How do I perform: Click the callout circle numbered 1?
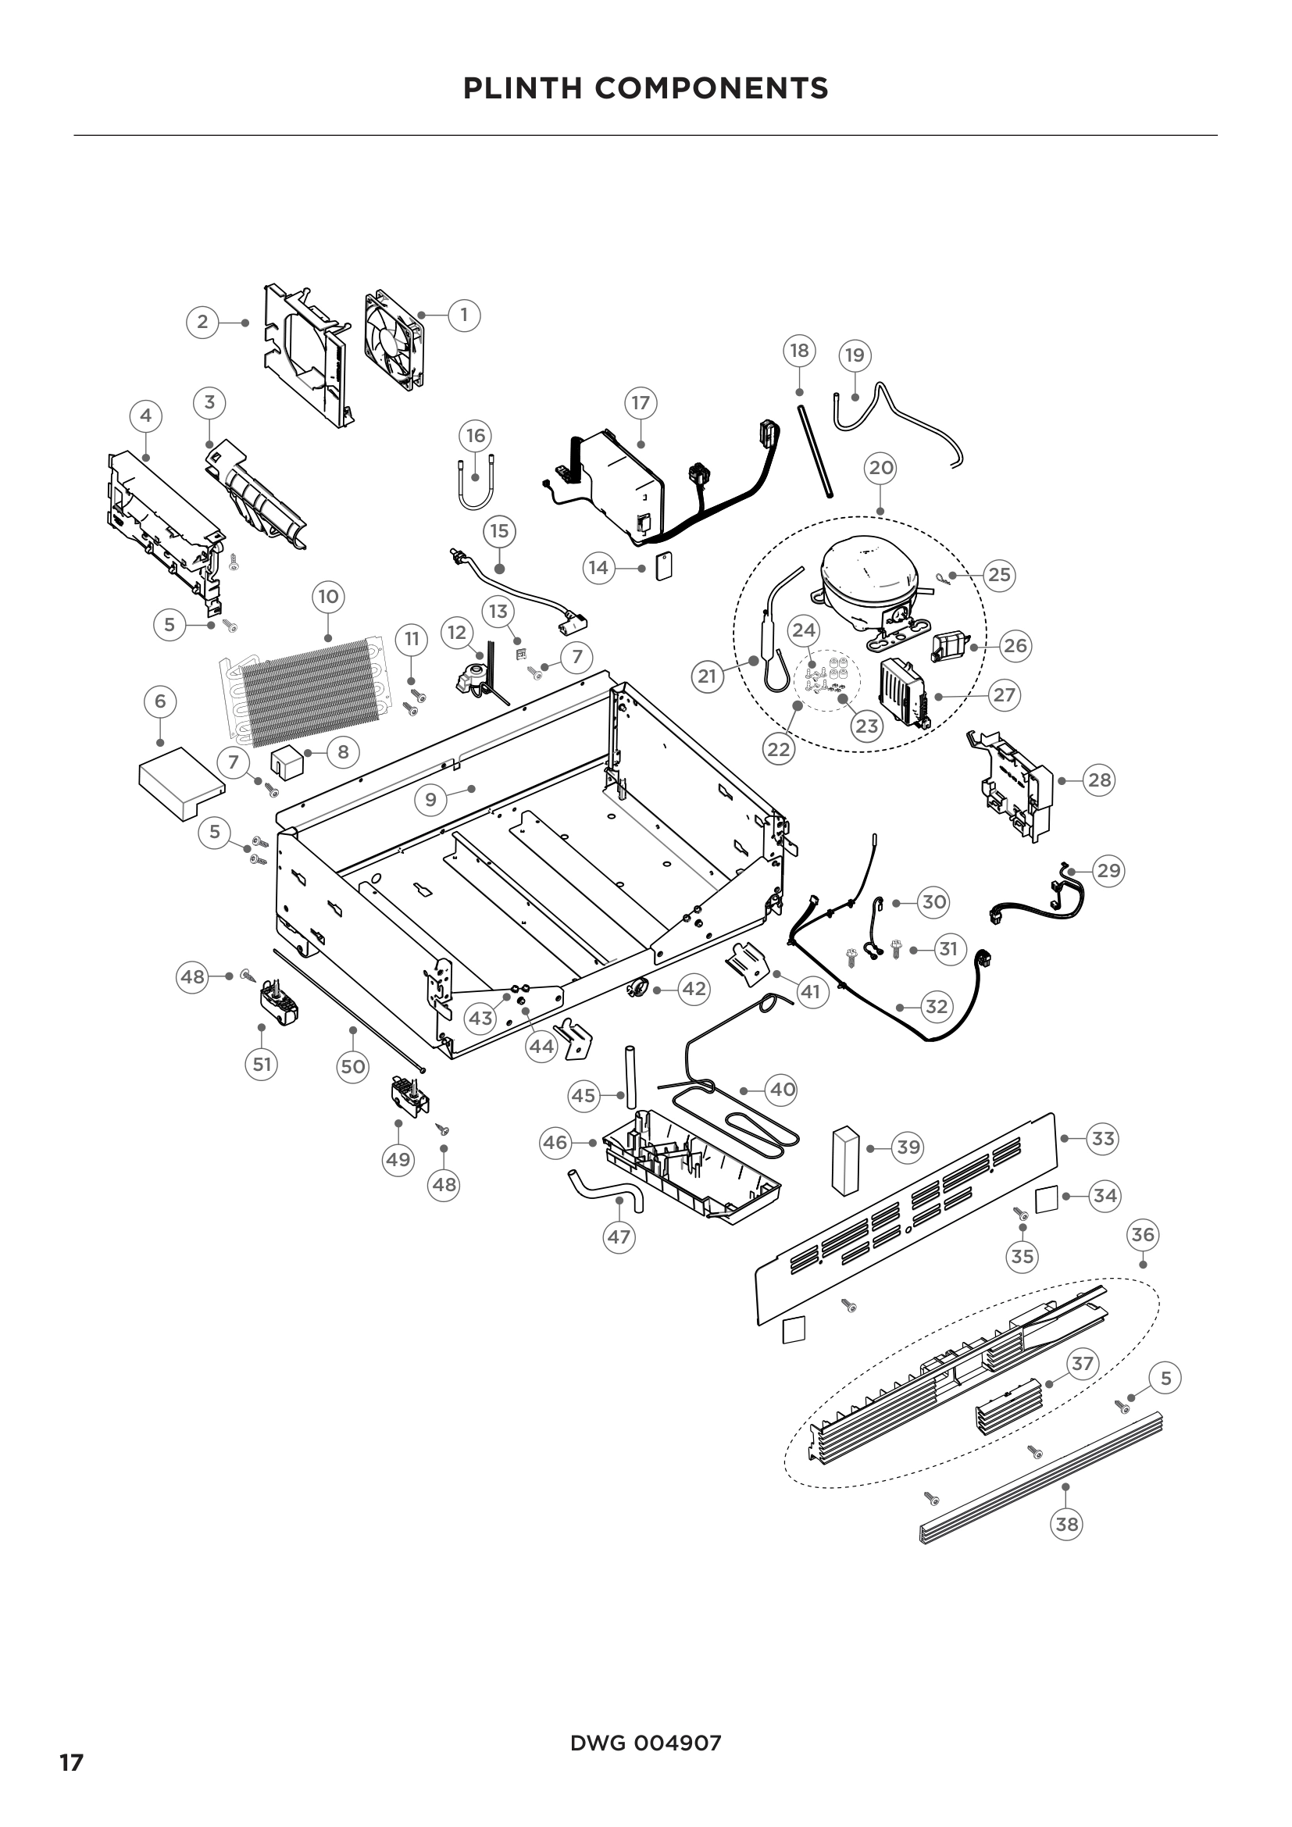465,315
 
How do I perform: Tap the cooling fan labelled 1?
394,341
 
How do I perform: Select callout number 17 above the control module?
641,402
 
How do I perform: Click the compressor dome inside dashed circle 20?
867,566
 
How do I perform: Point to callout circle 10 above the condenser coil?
329,597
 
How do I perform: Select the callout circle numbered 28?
1099,780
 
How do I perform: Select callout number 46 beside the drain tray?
555,1143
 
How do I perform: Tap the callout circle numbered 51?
262,1064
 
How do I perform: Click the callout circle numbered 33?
1103,1139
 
